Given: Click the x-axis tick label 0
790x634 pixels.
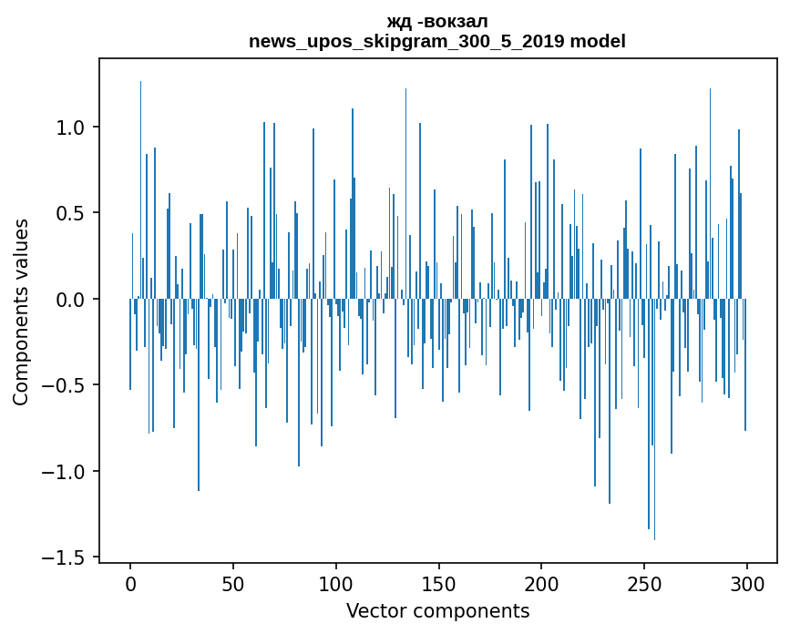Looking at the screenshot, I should [x=130, y=583].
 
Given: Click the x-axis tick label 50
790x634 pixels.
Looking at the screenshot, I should [x=233, y=583].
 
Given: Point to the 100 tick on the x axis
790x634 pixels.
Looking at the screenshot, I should [x=336, y=583].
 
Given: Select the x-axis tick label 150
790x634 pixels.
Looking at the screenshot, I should [x=439, y=583].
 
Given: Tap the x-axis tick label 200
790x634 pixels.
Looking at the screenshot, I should [x=542, y=583].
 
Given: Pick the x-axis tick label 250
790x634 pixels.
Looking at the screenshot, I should [x=645, y=583].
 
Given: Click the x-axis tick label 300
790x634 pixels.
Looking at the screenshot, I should [x=747, y=583].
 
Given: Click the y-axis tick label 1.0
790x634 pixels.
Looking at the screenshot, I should [x=72, y=128].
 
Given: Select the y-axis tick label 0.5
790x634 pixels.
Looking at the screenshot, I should [x=72, y=213].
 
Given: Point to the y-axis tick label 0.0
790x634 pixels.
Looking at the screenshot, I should [x=72, y=300].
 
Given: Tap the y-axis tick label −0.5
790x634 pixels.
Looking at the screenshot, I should [x=66, y=385].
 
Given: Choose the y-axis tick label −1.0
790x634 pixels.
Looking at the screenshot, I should [x=66, y=472].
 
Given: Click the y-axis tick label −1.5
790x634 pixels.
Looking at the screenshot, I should [x=66, y=557].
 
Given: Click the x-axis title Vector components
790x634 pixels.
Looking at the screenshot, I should [x=437, y=611].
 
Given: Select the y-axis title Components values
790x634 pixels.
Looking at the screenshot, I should [x=21, y=312].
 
